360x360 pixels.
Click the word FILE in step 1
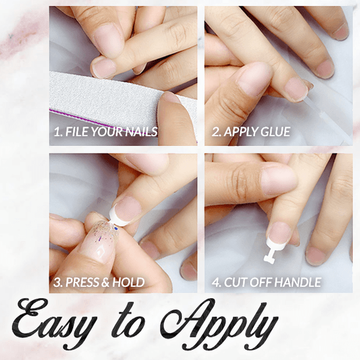[76, 131]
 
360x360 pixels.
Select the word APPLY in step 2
[240, 131]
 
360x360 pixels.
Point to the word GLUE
[275, 131]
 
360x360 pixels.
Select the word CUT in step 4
[237, 283]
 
